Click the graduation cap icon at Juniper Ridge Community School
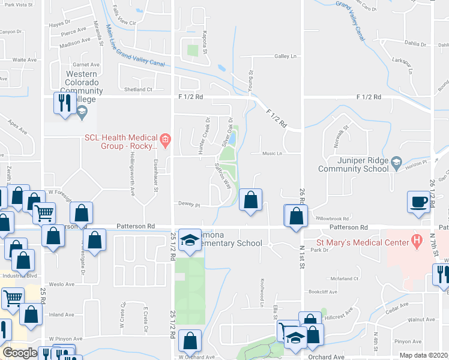396,162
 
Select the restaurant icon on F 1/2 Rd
64,103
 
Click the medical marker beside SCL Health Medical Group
166,140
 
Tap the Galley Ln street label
286,56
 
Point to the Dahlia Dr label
415,44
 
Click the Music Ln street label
272,154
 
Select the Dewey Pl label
188,204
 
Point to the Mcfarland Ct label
343,278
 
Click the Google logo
20,353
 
